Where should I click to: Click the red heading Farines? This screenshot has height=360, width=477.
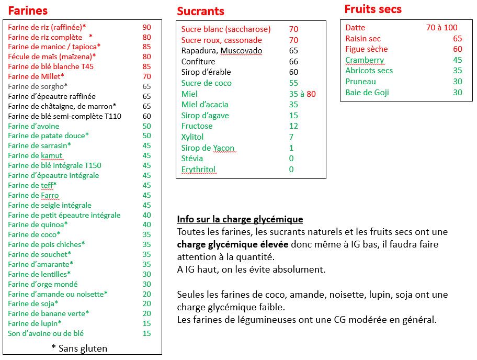coord(28,10)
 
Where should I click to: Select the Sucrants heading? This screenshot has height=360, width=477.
coord(200,11)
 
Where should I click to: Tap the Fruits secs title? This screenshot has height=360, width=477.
coord(373,9)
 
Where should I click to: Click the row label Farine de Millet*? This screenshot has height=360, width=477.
coord(36,76)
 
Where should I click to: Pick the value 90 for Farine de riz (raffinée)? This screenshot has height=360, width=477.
coord(146,27)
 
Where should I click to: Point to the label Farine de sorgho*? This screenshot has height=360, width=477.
coord(38,86)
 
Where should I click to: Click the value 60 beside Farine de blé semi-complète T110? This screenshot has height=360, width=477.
coord(146,116)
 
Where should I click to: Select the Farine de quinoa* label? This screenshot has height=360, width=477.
coord(38,225)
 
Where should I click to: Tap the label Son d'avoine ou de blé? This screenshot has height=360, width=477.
coord(46,333)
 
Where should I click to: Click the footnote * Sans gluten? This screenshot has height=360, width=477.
coord(79,348)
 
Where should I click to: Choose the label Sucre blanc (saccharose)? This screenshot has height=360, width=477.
coord(226,29)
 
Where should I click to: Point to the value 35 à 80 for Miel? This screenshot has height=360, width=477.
coord(302,94)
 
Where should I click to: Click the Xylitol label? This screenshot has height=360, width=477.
coord(192,137)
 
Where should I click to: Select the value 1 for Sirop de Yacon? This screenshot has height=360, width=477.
coord(291,148)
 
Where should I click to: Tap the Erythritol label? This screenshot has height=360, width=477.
coord(198,170)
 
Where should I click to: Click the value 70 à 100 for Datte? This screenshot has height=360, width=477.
coord(441,28)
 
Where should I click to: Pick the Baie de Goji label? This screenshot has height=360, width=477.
coord(367,93)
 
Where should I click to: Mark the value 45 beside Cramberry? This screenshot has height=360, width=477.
coord(458,60)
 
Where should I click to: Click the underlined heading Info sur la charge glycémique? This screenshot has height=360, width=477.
coord(240,219)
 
